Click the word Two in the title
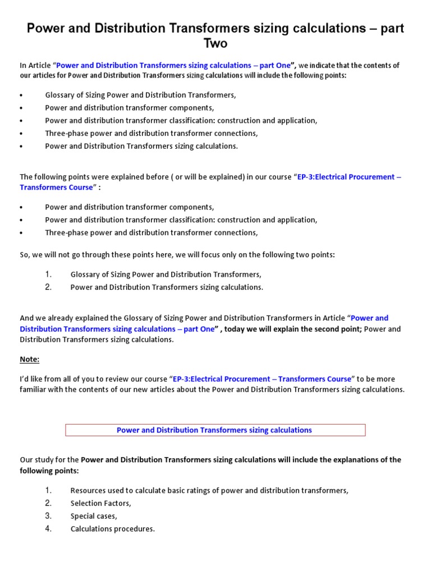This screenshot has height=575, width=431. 215,43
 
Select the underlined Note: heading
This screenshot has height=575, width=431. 30,359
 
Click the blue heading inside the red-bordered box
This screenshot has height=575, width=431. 214,430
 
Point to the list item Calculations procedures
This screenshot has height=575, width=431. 112,529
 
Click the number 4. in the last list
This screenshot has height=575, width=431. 49,529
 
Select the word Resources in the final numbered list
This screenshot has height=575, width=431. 88,490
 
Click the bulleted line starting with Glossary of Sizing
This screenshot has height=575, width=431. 140,95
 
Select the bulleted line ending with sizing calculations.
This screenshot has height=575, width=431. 141,146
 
